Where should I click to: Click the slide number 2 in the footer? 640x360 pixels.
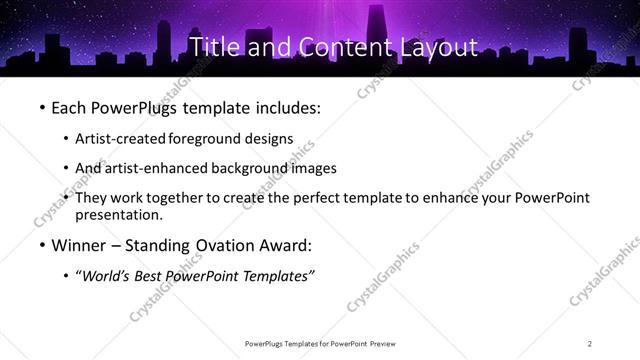[590, 344]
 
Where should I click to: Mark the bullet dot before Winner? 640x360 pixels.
[42, 245]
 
